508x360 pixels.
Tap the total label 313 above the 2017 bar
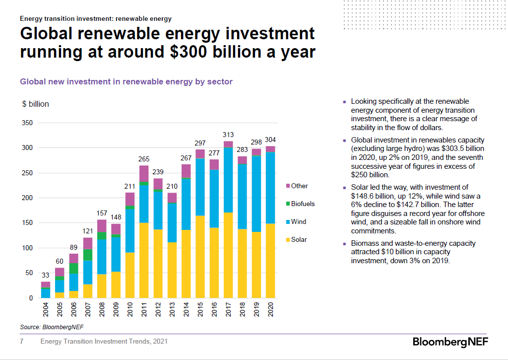pos(228,135)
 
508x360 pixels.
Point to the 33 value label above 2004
pos(45,275)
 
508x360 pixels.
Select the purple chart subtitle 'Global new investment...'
pos(126,81)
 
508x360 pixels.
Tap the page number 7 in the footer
pos(21,342)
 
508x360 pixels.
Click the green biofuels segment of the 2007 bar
pos(88,255)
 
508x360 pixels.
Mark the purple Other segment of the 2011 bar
pos(144,173)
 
